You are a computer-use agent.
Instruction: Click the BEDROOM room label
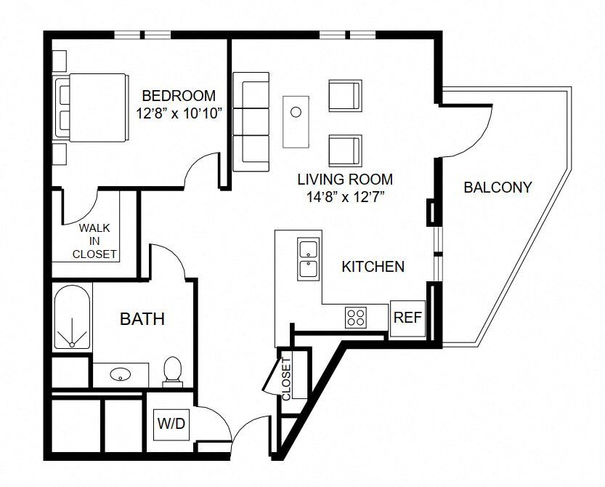(x=178, y=95)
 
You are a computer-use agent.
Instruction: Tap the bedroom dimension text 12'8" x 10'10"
(x=178, y=113)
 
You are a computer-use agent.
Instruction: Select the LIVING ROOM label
(x=345, y=179)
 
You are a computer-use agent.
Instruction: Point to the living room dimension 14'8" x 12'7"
(x=345, y=196)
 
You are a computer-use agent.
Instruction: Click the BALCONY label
(x=498, y=187)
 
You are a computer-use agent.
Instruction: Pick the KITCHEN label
(x=373, y=267)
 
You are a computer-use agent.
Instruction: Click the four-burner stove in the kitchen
(x=356, y=316)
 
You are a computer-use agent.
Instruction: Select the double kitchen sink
(x=309, y=259)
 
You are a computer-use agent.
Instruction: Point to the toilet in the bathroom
(x=172, y=370)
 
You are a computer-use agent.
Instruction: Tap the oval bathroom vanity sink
(x=119, y=375)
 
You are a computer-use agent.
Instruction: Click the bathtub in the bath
(x=72, y=318)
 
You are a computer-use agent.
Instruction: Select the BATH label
(x=142, y=318)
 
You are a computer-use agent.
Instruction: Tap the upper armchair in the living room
(x=344, y=95)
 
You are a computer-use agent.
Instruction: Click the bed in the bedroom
(x=92, y=108)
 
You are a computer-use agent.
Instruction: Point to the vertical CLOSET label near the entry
(x=286, y=378)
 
